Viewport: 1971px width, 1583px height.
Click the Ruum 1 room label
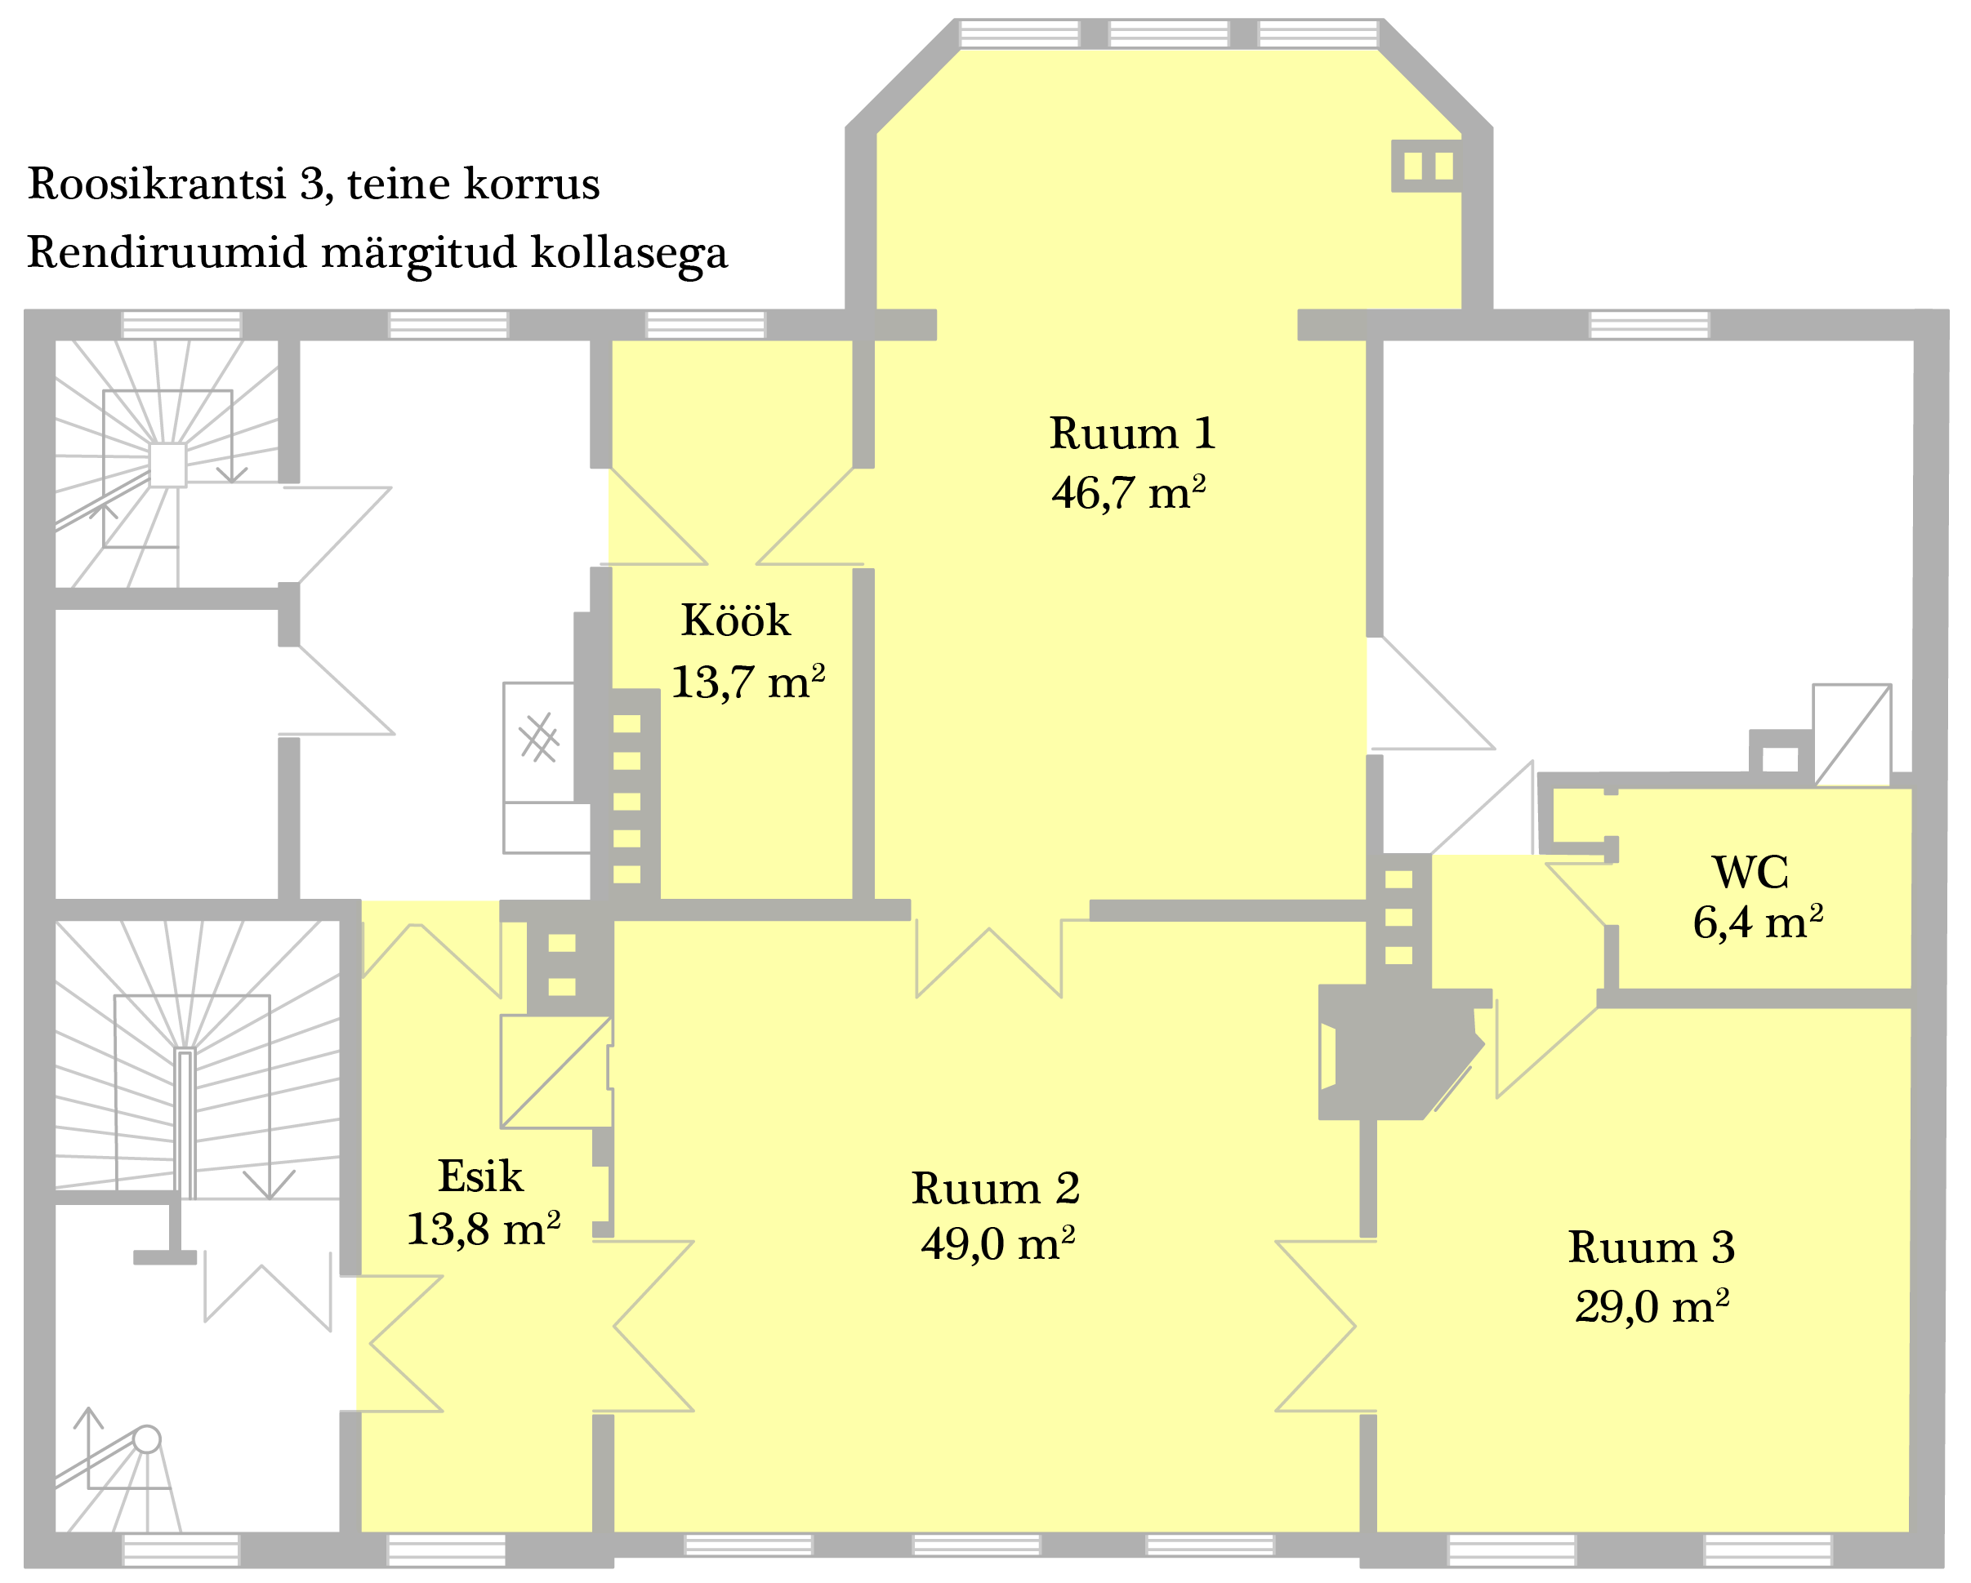(x=1132, y=434)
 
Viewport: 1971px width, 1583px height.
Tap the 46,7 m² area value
(x=1129, y=492)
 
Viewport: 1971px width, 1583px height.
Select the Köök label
(x=735, y=620)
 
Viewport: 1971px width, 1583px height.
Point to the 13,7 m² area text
(x=748, y=682)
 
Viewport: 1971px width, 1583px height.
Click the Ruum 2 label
(x=996, y=1189)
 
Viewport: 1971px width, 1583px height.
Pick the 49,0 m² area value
(x=997, y=1244)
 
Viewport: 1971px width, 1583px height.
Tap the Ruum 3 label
(x=1651, y=1247)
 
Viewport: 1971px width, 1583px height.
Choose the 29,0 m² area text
(x=1652, y=1306)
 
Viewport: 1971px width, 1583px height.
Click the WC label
(x=1750, y=872)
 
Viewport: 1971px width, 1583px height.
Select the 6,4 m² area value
(x=1757, y=923)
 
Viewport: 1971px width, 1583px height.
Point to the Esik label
(x=481, y=1176)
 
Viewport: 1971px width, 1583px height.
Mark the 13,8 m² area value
(x=483, y=1229)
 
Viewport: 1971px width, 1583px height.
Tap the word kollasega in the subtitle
(x=629, y=254)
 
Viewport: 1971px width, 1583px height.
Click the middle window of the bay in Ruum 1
(x=1168, y=33)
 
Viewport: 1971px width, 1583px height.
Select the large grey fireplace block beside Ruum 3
(x=1394, y=1051)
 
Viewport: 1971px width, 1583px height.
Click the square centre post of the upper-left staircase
(x=167, y=465)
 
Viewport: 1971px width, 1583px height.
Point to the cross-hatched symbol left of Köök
(x=539, y=737)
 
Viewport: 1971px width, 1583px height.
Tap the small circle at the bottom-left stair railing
(x=146, y=1438)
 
